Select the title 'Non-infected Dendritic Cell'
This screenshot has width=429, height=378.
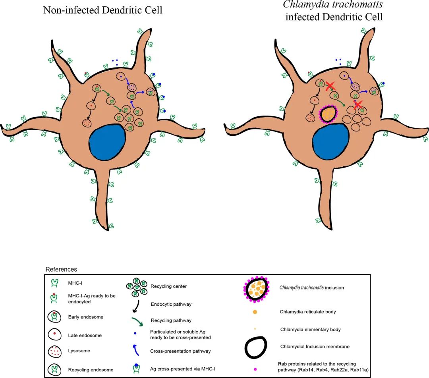(103, 10)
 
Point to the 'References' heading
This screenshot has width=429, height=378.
(61, 269)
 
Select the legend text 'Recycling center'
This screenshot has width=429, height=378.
(168, 286)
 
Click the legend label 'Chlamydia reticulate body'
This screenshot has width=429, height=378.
(308, 312)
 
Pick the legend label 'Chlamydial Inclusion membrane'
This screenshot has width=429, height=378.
(315, 347)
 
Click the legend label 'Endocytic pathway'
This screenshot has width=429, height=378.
(171, 305)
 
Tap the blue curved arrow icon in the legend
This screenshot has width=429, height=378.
(136, 350)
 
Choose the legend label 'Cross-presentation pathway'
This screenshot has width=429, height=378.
(180, 351)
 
